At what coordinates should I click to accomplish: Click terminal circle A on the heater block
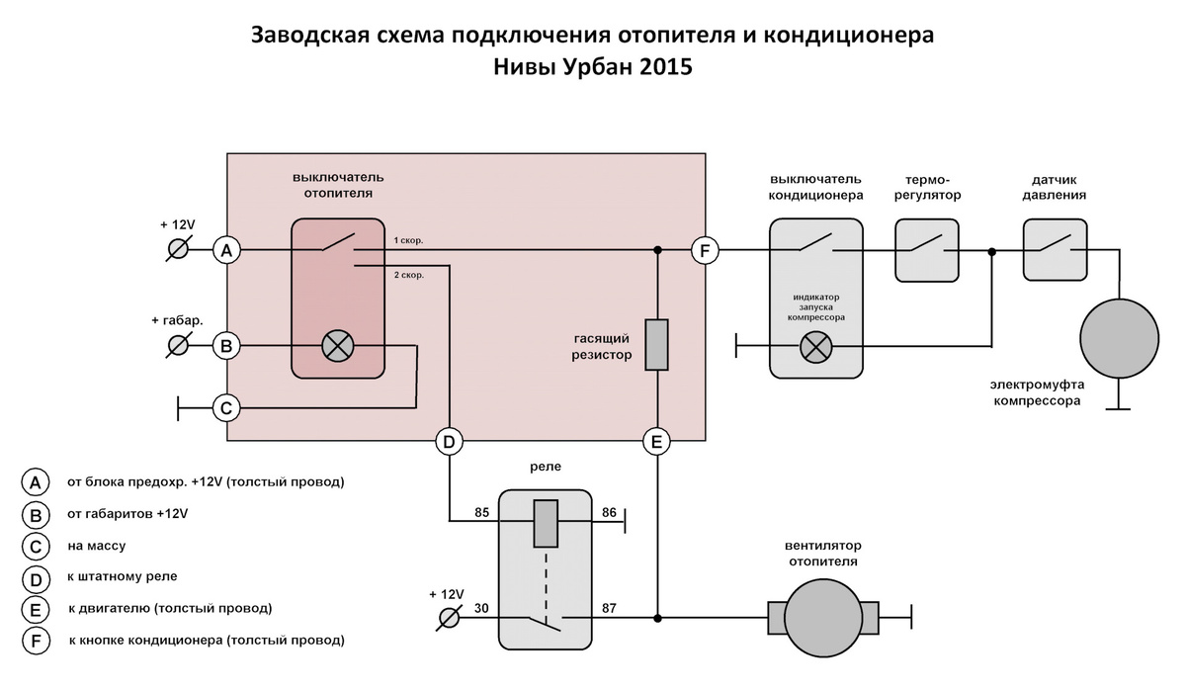[x=226, y=250]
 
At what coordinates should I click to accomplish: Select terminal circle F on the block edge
[x=705, y=250]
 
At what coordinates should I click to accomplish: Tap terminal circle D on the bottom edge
[x=449, y=442]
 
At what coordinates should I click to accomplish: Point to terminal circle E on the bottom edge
[x=656, y=442]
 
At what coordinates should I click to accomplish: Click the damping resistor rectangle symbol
[x=656, y=344]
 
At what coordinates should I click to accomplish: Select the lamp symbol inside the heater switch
[x=338, y=346]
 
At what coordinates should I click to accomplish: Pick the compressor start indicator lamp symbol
[x=816, y=347]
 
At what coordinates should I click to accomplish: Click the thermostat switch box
[x=927, y=250]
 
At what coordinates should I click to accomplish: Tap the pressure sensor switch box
[x=1056, y=250]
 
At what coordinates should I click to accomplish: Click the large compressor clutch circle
[x=1119, y=338]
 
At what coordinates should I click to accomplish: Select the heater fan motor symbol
[x=823, y=618]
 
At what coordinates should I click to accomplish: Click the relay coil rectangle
[x=546, y=523]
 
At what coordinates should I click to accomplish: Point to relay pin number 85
[x=482, y=512]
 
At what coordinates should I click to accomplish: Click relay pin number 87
[x=609, y=608]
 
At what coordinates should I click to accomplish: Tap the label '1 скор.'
[x=408, y=240]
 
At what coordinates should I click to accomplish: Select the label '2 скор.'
[x=409, y=275]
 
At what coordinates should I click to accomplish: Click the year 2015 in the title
[x=666, y=67]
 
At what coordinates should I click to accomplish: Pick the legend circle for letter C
[x=36, y=546]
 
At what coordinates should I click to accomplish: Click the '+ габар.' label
[x=177, y=320]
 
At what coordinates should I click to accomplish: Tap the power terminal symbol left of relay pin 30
[x=449, y=618]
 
